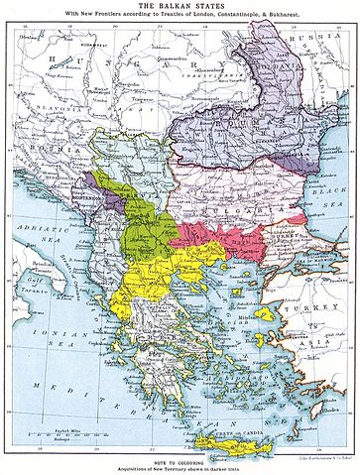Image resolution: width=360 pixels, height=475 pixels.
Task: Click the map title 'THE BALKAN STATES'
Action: click(x=180, y=6)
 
